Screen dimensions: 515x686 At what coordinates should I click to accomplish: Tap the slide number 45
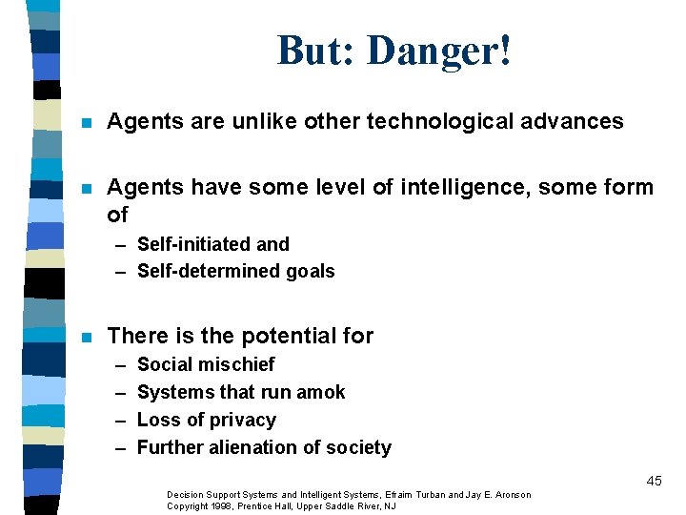tap(654, 482)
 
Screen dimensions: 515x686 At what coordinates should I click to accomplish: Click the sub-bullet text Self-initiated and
tap(213, 244)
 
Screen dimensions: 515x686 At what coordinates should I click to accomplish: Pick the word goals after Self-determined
tap(308, 271)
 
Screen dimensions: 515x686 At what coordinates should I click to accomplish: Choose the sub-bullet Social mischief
tap(206, 364)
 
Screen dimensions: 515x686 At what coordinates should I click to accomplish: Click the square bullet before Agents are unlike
tap(86, 122)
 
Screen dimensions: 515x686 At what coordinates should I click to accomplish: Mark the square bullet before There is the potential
tap(86, 337)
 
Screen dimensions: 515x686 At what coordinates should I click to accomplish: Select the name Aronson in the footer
tap(511, 494)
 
